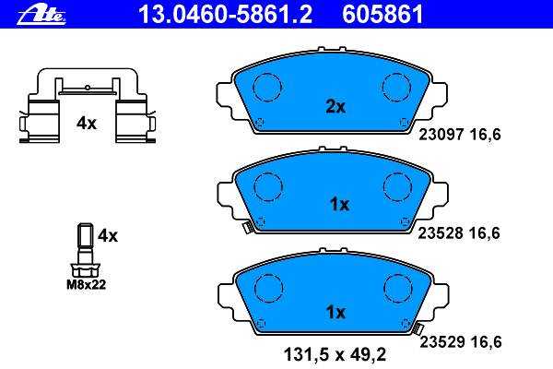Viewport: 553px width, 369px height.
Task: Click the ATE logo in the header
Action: (x=41, y=16)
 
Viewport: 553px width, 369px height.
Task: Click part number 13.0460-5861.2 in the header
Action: (x=226, y=15)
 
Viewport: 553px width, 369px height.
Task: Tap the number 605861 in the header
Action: (x=382, y=15)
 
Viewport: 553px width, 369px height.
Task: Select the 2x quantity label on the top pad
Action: (x=335, y=106)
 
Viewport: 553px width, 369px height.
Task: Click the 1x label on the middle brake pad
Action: (x=339, y=205)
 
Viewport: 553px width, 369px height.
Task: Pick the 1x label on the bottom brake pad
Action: (x=335, y=312)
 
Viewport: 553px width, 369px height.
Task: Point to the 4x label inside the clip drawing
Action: (x=87, y=124)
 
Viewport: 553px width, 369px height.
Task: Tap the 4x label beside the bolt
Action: (x=108, y=235)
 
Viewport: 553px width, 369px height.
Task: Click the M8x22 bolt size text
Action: (x=87, y=285)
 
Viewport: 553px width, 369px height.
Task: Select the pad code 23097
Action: (x=441, y=135)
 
